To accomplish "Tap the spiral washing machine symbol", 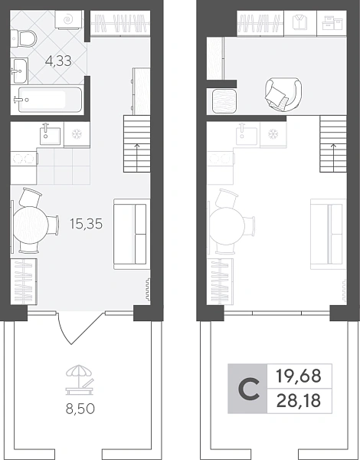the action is point(68,20).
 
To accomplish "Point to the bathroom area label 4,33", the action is point(58,61).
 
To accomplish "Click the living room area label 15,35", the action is point(87,224).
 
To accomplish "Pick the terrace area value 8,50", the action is point(80,409).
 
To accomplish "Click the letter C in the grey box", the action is point(249,389).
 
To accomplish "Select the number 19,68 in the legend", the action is point(299,376).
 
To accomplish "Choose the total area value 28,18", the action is point(299,401).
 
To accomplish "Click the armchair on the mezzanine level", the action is point(283,94).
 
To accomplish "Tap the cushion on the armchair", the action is point(276,95).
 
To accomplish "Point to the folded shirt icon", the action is point(300,22).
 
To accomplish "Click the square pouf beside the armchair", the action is point(224,101).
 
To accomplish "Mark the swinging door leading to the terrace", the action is point(80,329).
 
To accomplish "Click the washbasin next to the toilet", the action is point(20,71).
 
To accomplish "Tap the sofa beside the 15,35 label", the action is point(132,234).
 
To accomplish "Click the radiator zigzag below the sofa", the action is point(148,290).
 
